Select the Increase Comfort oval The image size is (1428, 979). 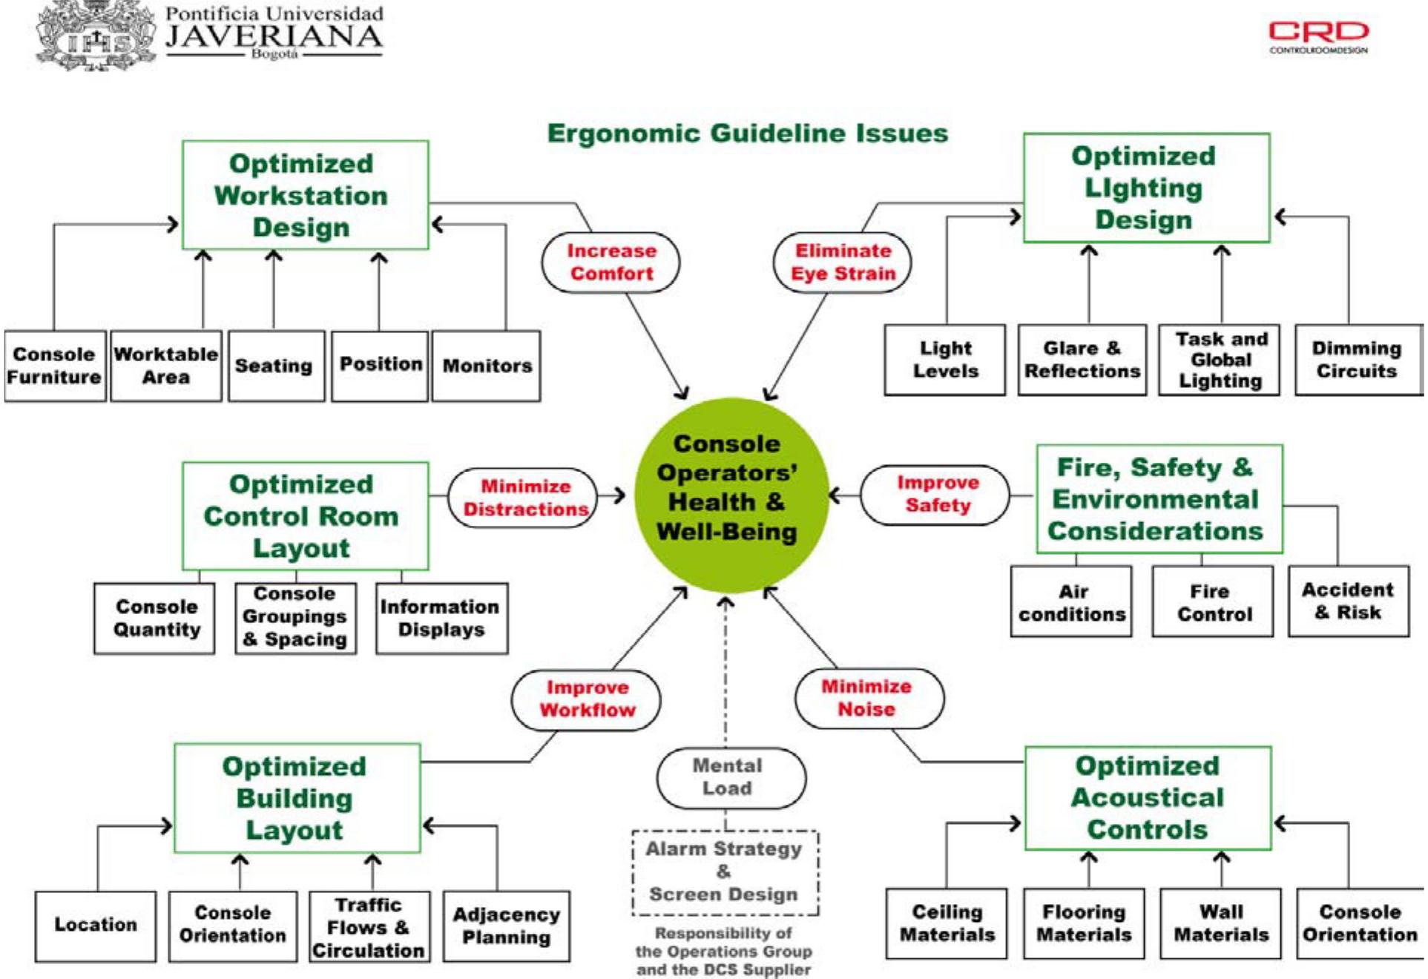tap(611, 263)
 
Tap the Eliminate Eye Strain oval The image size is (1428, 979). tap(843, 263)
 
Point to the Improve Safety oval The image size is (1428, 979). tap(936, 495)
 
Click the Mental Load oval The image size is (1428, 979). tap(729, 777)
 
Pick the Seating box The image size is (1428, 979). tap(274, 366)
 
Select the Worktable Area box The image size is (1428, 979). tap(165, 366)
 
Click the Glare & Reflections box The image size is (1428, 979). tap(1082, 360)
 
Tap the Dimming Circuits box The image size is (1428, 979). tap(1357, 360)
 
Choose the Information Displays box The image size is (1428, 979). tap(441, 619)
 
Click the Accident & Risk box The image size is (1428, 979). tap(1348, 601)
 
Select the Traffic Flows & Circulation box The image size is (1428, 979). tap(369, 928)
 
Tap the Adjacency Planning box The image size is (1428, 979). tap(507, 926)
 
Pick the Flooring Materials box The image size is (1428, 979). tap(1084, 923)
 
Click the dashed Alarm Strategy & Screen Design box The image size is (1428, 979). tap(725, 872)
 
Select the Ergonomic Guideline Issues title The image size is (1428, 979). tap(747, 133)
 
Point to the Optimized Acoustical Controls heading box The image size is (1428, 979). tap(1147, 798)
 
